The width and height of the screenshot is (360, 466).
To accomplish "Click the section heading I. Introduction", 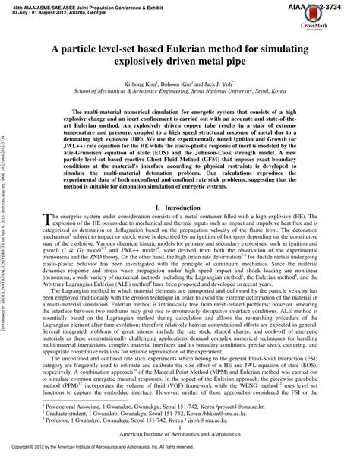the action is [x=179, y=207].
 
